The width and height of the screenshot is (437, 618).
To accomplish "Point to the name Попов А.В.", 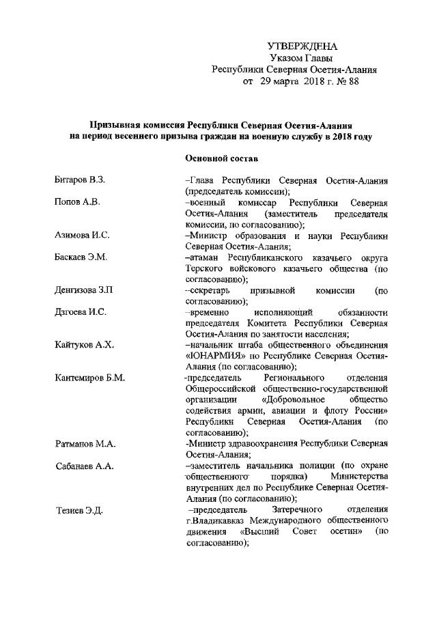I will point(77,203).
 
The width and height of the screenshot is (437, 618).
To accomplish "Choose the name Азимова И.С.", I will point(82,236).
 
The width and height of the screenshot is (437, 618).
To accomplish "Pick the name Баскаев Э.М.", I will point(81,257).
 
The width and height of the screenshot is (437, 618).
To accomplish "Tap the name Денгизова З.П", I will point(84,290).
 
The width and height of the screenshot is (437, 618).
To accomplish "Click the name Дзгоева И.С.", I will point(81,312).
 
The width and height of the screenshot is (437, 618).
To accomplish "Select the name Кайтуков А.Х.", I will point(83,345).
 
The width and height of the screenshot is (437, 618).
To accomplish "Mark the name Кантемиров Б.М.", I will point(89,378).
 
